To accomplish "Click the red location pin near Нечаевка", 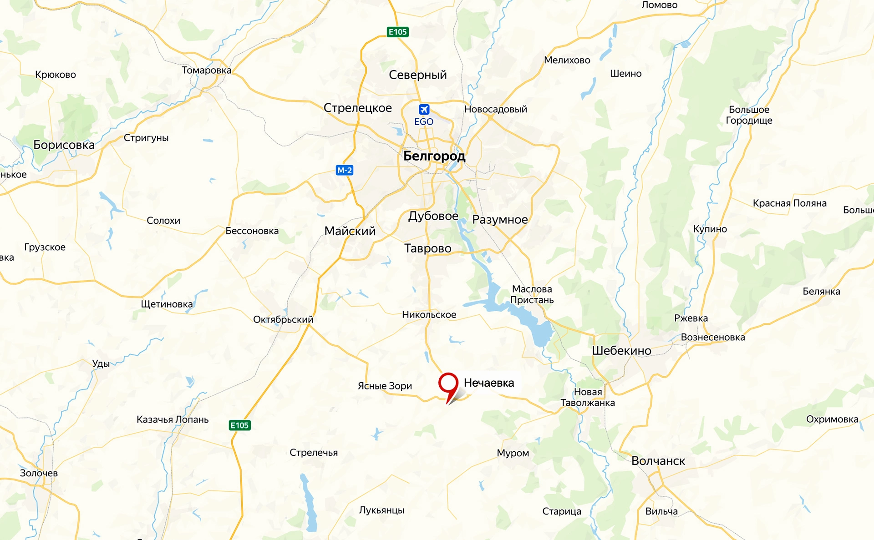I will (448, 384).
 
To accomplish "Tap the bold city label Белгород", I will (434, 156).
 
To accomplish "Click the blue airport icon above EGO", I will (424, 110).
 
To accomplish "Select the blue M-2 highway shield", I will (345, 170).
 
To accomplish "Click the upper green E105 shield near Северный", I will (397, 32).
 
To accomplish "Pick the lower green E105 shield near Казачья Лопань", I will (239, 425).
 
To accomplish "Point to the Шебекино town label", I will (621, 351).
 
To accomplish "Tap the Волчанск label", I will (658, 461).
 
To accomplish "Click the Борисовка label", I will (64, 145).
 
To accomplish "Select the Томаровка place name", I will (207, 70).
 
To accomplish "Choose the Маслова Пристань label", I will (532, 294).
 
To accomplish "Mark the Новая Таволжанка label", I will (588, 397).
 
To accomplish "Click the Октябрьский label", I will (283, 319).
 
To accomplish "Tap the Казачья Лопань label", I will (173, 419).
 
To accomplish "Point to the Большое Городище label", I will (749, 115).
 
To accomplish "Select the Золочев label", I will (39, 473).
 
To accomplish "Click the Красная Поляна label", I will (789, 203).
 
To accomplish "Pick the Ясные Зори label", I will (385, 386).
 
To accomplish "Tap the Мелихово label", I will (567, 60).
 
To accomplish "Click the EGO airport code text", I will (424, 122).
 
